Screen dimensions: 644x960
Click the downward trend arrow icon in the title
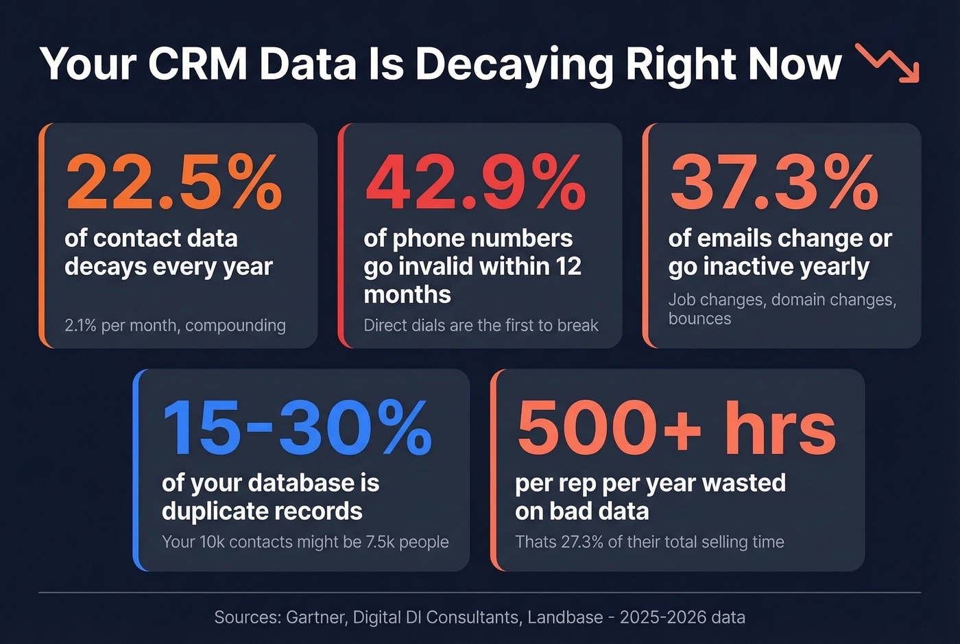point(889,63)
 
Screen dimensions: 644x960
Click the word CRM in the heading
point(197,64)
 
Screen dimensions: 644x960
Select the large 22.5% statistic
point(173,182)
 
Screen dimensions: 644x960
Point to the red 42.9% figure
point(475,182)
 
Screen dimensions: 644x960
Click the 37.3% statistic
point(774,182)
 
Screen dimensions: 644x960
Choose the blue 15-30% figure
point(297,428)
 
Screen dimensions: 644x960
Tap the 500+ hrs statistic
point(676,428)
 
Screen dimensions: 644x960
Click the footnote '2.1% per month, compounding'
point(175,325)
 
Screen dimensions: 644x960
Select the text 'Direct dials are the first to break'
point(481,325)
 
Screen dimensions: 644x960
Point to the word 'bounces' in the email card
point(699,319)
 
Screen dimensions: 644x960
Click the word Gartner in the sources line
point(316,617)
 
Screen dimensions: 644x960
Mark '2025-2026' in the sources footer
point(662,617)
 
